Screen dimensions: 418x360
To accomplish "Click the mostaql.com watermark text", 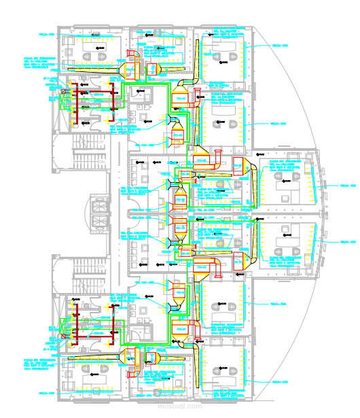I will click(180, 407).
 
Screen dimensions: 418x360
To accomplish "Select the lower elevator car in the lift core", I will click(100, 222).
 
